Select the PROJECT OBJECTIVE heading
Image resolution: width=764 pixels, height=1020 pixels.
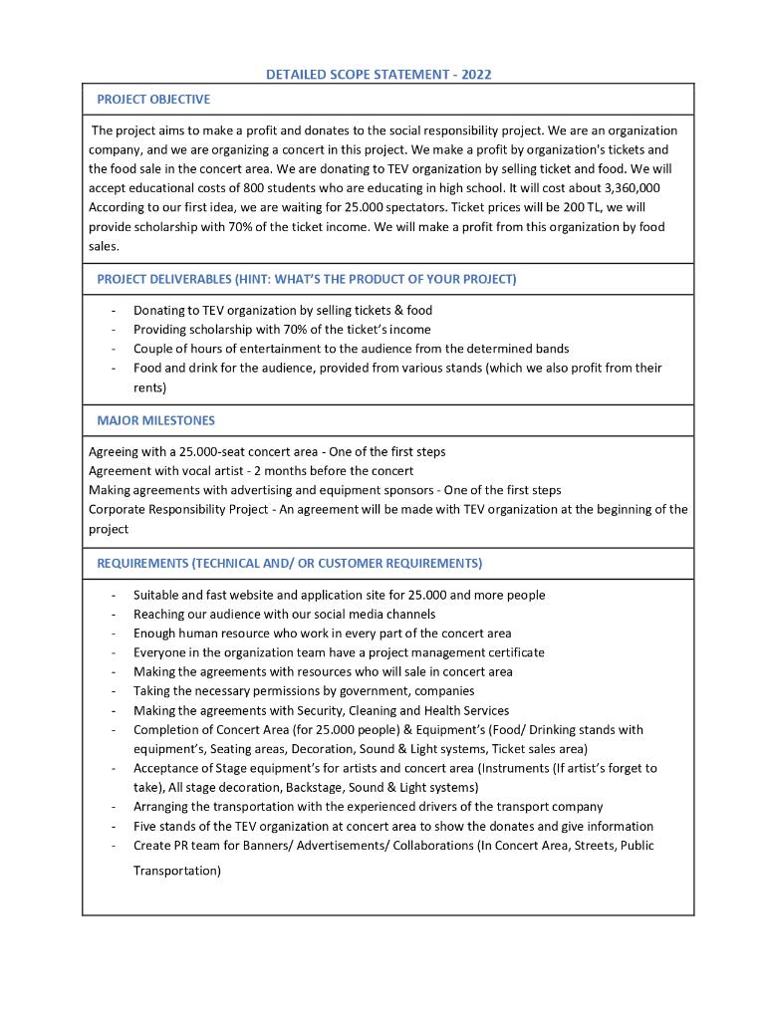pos(152,100)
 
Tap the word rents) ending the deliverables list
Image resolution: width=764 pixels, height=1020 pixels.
pos(150,386)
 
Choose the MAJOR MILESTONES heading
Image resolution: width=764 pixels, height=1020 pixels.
pos(155,420)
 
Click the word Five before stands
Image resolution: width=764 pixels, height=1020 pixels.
pos(146,826)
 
